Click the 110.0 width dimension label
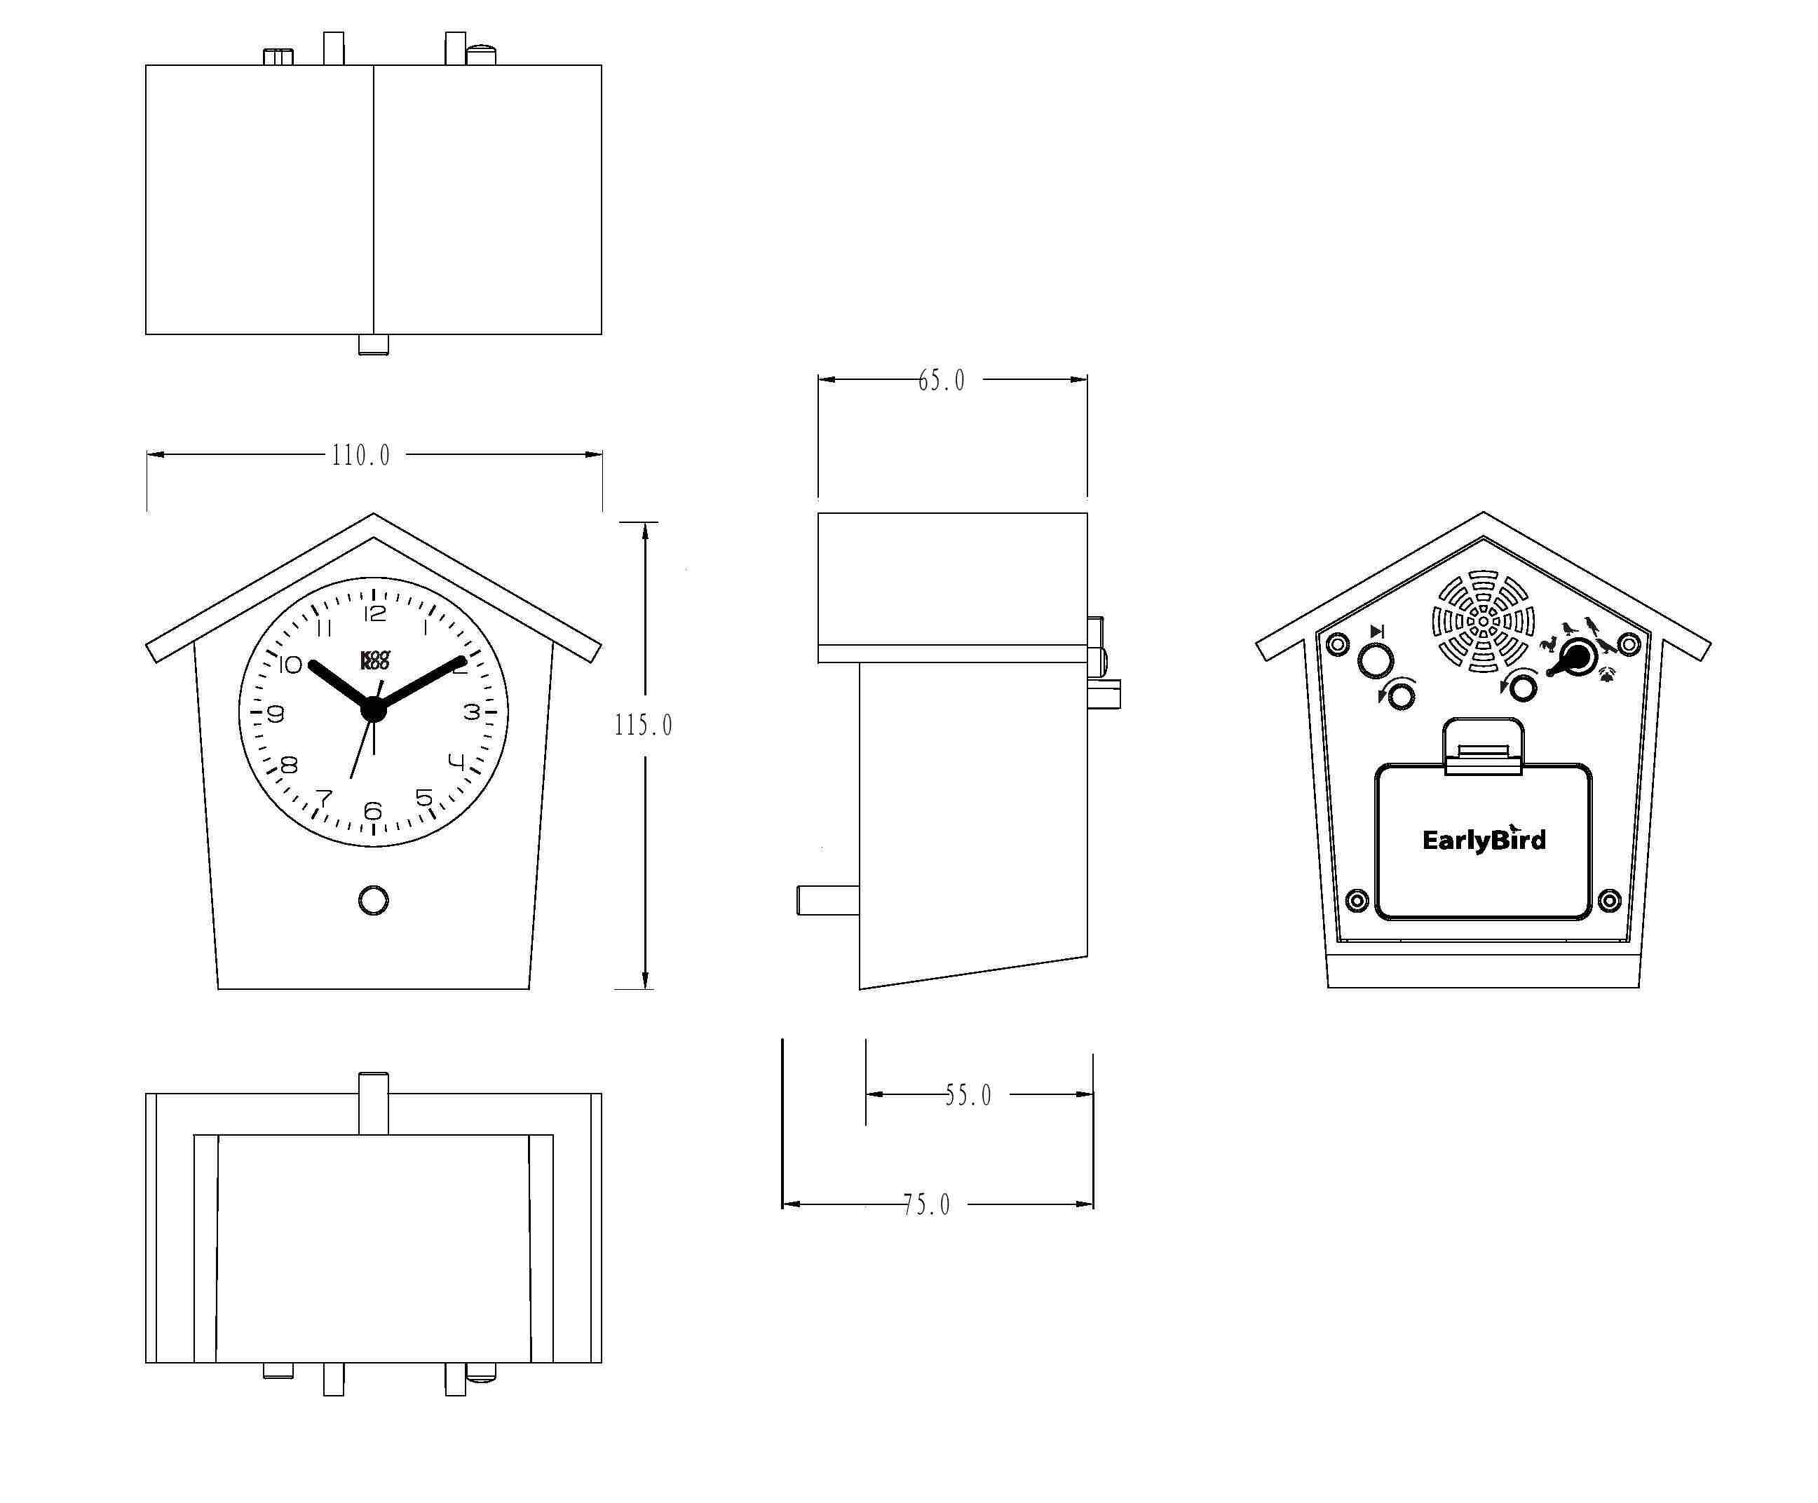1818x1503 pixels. click(x=360, y=456)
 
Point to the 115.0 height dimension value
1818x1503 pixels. click(x=642, y=725)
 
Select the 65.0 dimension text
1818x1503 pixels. click(x=941, y=380)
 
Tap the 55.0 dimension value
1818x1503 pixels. click(x=968, y=1095)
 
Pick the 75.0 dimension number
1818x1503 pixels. click(x=926, y=1204)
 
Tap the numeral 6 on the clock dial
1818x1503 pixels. click(x=373, y=810)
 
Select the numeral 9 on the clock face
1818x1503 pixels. click(x=276, y=714)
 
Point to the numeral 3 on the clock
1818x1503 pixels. click(x=471, y=712)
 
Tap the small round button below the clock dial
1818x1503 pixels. click(x=373, y=900)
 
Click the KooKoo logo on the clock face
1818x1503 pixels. click(x=375, y=660)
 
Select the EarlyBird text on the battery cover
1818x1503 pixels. click(x=1484, y=840)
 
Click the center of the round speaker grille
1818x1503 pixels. click(x=1483, y=621)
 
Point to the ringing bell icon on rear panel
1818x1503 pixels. click(x=1608, y=674)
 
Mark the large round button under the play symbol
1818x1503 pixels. click(x=1376, y=662)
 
